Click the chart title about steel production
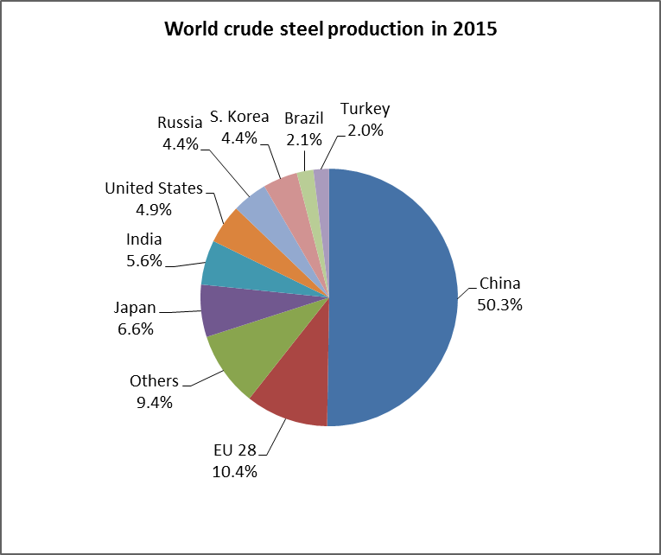coord(330,29)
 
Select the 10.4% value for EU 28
coord(235,471)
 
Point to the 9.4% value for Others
coord(154,402)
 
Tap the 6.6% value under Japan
coord(134,329)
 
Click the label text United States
coord(154,188)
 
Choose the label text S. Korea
coord(240,117)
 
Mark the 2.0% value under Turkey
coord(365,130)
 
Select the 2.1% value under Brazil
coord(303,138)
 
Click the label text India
coord(143,240)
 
